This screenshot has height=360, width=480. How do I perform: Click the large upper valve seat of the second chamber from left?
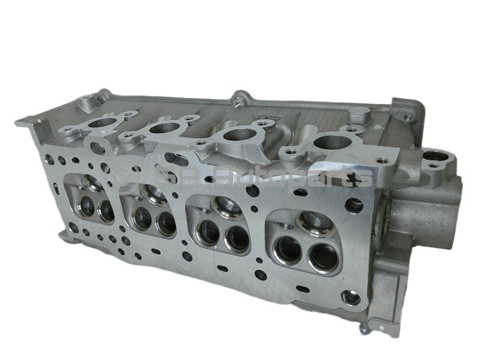coord(154,192)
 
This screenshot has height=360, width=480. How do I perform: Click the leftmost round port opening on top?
coord(103,122)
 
